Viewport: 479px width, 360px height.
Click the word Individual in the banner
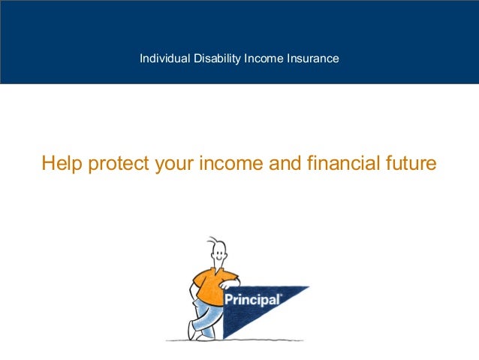[x=161, y=58]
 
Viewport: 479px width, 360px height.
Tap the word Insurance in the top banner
[x=312, y=58]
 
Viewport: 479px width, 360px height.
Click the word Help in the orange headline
[x=62, y=163]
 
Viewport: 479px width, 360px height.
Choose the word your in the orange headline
[x=174, y=164]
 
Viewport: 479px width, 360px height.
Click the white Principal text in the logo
[x=252, y=299]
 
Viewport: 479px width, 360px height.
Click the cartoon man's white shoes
[x=197, y=334]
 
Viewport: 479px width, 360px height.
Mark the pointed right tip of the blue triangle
[x=309, y=287]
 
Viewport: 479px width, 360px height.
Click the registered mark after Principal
[x=281, y=295]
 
